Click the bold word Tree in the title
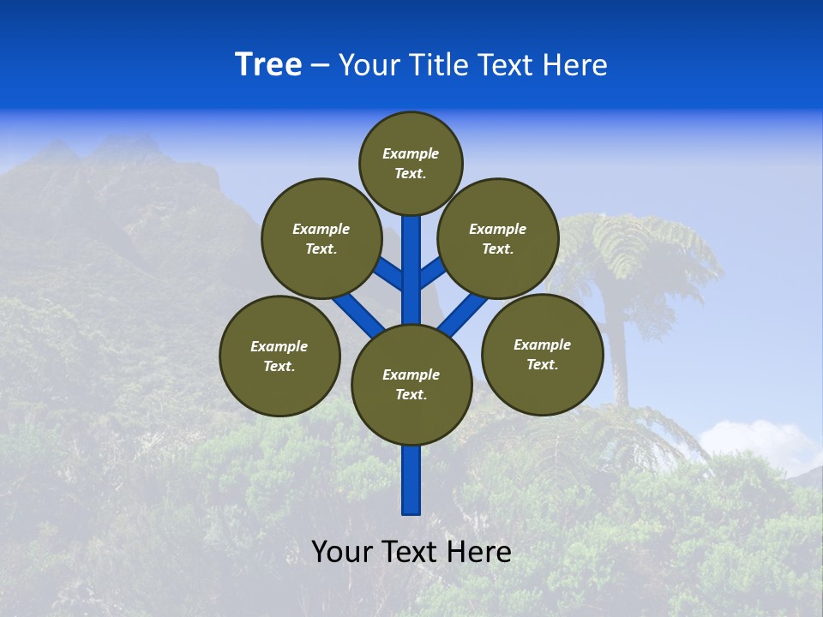point(268,65)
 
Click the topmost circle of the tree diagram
point(411,164)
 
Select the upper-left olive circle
point(321,238)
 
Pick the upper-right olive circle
point(498,238)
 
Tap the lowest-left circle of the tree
point(279,356)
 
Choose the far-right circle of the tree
point(543,354)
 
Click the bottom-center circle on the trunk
point(411,384)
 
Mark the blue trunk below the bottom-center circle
point(411,480)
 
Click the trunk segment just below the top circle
point(411,236)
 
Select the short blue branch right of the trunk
point(432,273)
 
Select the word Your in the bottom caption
point(342,552)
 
